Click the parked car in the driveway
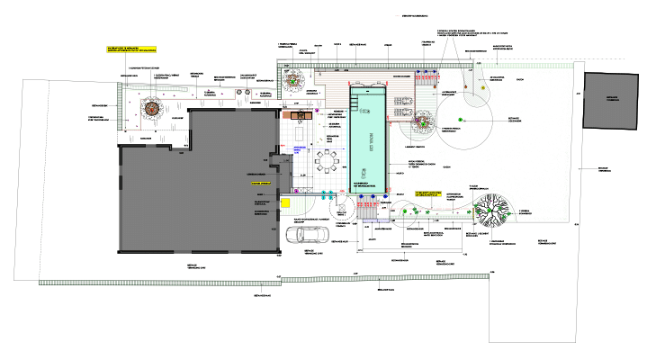[x=304, y=235]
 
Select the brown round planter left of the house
[x=151, y=109]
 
